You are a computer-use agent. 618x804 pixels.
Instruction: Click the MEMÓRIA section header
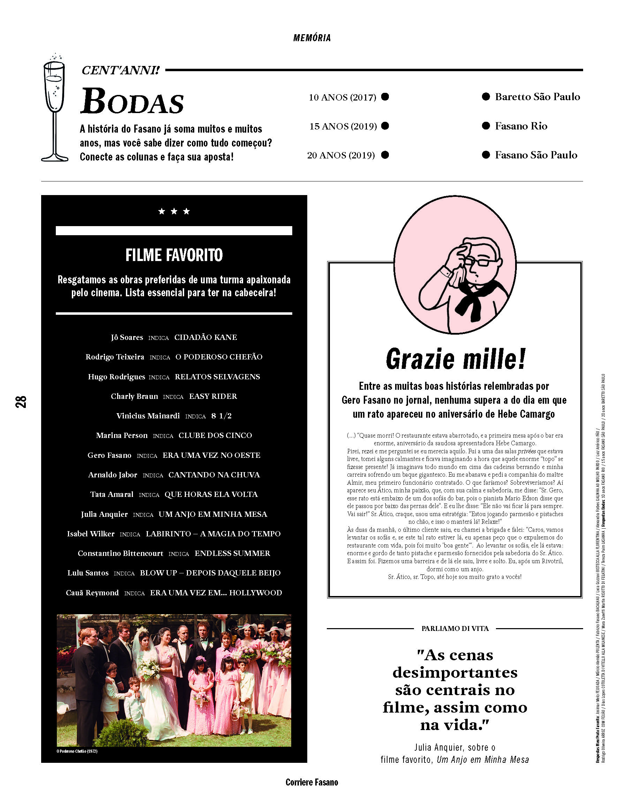tap(312, 38)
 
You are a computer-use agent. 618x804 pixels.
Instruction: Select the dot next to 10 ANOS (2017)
tap(385, 97)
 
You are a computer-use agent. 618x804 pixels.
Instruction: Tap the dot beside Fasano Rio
tap(486, 126)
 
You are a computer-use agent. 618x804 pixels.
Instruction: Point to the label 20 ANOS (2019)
tap(341, 155)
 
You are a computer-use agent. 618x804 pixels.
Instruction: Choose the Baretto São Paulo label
tap(537, 97)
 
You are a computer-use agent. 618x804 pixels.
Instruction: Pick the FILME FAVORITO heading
tap(174, 255)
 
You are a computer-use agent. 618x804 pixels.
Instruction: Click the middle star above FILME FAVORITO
tap(174, 211)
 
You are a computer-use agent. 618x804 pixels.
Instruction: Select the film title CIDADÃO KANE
tap(206, 337)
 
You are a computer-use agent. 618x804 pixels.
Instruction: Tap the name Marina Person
tap(122, 435)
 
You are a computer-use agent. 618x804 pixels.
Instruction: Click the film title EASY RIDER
tap(213, 396)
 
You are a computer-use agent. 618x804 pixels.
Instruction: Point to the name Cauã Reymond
tap(92, 593)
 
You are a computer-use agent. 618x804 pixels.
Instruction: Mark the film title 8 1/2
tap(221, 416)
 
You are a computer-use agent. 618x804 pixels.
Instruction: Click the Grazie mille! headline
tap(455, 359)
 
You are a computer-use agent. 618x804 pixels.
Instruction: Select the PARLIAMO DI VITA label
tap(455, 628)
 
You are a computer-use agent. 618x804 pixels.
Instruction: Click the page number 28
tap(21, 402)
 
